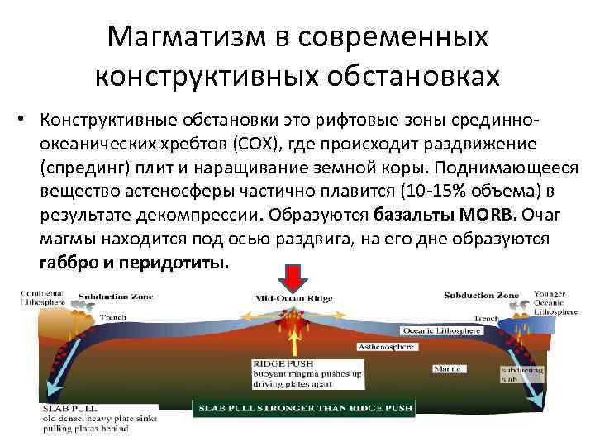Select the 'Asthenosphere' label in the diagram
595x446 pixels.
[384, 347]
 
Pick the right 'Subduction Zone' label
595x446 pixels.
[480, 295]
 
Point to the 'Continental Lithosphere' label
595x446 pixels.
[45, 298]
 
